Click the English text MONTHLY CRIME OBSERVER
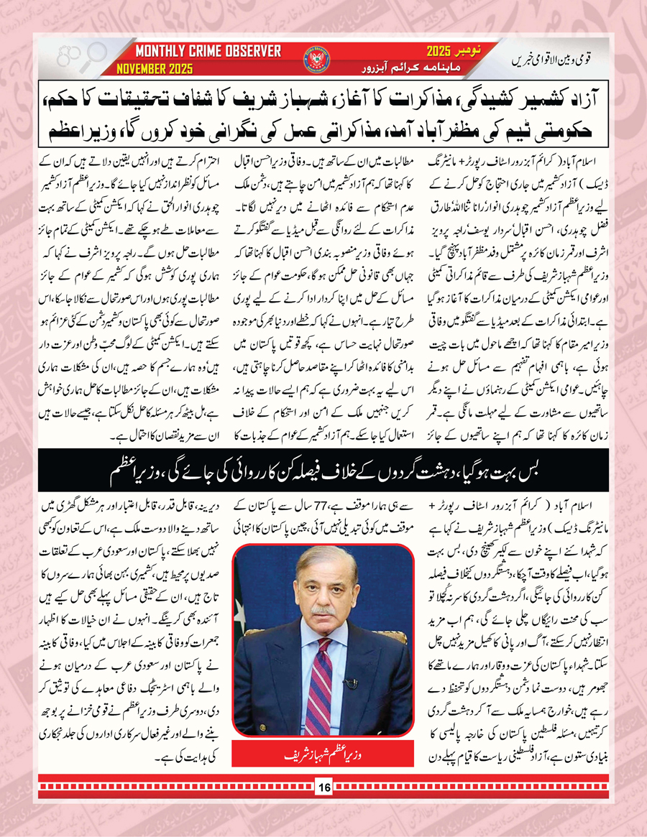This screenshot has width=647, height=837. point(208,52)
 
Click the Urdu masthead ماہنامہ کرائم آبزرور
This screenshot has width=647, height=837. point(403,68)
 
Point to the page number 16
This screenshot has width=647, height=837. point(323,788)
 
